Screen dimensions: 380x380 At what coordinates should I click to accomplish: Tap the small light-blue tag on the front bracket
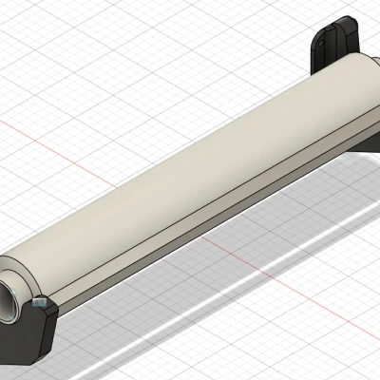40,305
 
